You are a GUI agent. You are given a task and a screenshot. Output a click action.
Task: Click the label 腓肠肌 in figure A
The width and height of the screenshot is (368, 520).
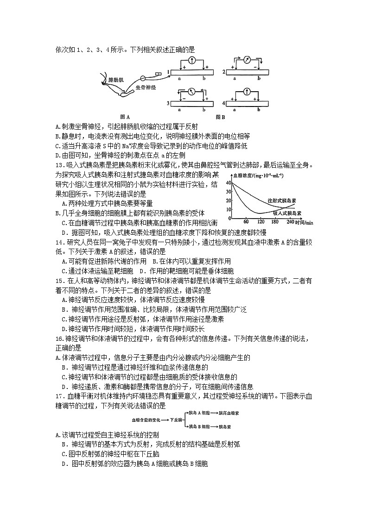tap(115, 80)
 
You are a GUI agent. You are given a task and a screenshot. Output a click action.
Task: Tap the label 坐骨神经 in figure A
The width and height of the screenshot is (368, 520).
tap(145, 87)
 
